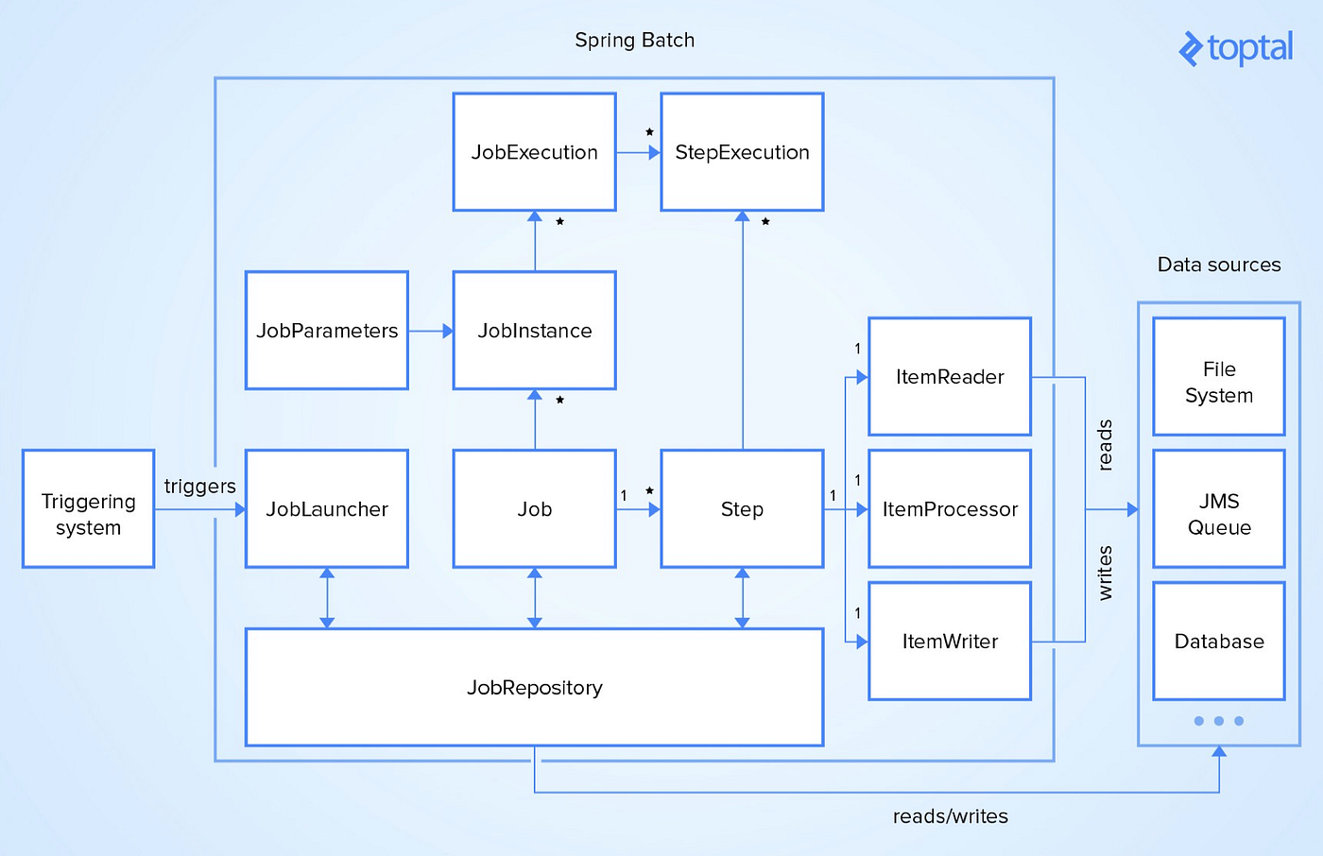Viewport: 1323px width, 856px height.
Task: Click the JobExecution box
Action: [534, 152]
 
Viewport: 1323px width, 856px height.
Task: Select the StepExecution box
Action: [742, 152]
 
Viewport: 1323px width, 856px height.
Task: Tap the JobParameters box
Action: [327, 331]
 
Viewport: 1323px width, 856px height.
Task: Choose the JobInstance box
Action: [534, 331]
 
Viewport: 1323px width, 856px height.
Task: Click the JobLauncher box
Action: [327, 509]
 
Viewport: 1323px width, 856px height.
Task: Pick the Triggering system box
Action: [88, 509]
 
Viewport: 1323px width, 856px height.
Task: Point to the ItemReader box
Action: [950, 377]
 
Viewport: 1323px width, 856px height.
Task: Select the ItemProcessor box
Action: [950, 509]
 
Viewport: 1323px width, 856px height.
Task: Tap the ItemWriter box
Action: [950, 642]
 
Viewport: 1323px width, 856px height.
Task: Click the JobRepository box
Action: [534, 688]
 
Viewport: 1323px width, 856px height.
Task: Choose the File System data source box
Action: [1219, 377]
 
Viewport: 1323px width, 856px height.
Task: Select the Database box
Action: [1219, 642]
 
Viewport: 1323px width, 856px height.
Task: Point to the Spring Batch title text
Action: [634, 41]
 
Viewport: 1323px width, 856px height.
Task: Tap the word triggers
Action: [199, 487]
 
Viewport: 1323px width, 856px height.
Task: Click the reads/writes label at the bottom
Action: [950, 816]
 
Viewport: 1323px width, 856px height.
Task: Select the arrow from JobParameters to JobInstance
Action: [431, 332]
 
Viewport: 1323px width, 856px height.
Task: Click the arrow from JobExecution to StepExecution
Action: [639, 152]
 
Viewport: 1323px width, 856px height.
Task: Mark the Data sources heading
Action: [1219, 265]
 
